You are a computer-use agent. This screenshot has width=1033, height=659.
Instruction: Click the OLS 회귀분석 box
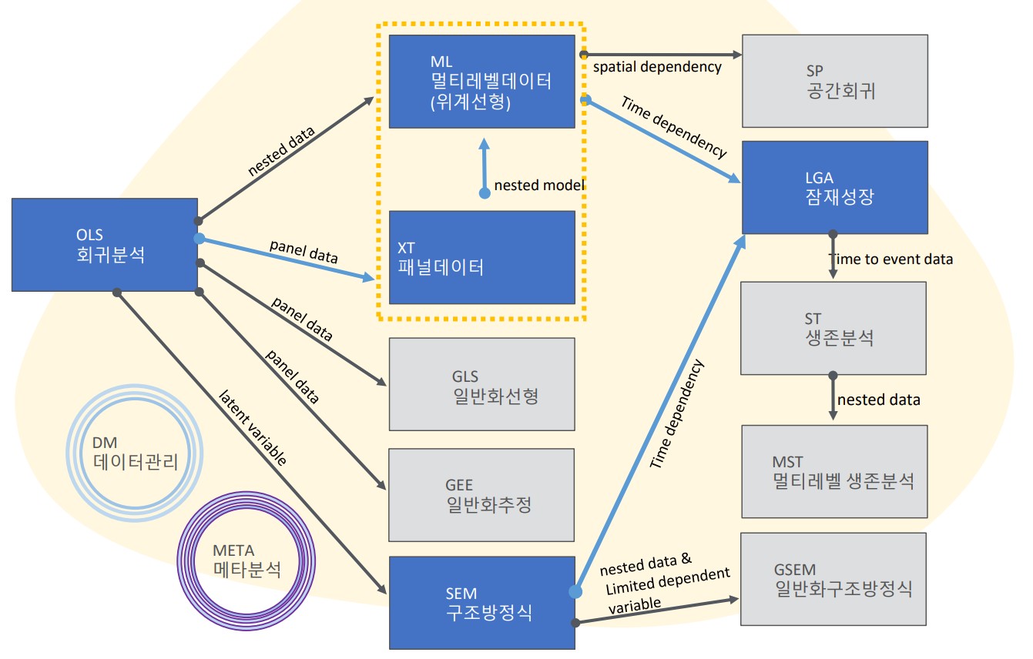coord(105,245)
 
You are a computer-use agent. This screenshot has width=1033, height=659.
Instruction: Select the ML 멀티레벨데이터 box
coord(481,81)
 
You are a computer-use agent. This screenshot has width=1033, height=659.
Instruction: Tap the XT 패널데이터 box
coord(481,257)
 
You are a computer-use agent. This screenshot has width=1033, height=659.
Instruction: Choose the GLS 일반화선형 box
coord(481,384)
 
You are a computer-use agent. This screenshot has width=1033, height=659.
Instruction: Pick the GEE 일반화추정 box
coord(481,494)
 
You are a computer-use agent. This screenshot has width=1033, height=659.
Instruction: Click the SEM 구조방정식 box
coord(481,602)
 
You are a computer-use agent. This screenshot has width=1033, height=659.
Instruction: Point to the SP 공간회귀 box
coord(834,81)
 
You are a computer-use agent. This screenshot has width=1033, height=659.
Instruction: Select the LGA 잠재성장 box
coord(834,187)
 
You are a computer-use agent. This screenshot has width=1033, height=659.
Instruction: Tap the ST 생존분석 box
coord(833,328)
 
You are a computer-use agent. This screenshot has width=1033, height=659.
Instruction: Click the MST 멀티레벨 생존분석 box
coord(834,471)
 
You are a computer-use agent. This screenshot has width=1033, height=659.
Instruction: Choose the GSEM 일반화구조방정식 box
coord(834,578)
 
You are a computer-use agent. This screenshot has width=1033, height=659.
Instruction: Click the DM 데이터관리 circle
coord(135,453)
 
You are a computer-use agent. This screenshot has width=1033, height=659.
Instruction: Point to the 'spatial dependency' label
coord(657,67)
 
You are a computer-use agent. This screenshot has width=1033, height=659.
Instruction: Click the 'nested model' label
coord(539,185)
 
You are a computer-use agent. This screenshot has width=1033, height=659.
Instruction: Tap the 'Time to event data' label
coord(890,259)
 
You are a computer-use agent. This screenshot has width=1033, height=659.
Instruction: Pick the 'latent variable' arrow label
coord(253,428)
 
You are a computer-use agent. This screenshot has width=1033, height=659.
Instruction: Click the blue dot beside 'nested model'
coord(485,192)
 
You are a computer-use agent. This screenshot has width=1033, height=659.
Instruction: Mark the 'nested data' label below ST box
coord(878,400)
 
